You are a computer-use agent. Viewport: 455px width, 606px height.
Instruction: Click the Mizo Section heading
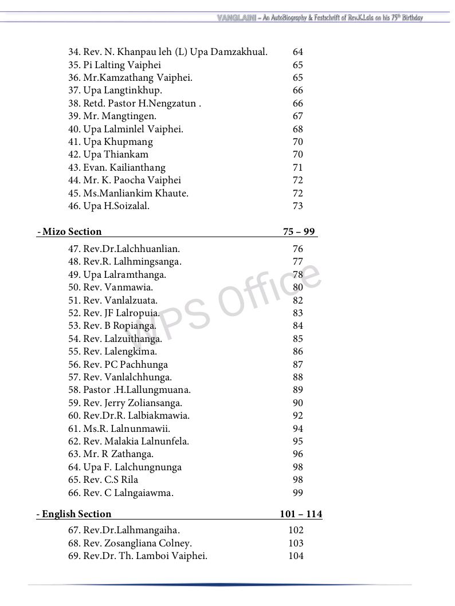(69, 231)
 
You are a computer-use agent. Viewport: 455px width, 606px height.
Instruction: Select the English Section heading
(74, 514)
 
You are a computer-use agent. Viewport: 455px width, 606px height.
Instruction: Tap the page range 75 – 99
(299, 231)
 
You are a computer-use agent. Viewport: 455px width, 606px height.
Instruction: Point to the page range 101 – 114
(301, 514)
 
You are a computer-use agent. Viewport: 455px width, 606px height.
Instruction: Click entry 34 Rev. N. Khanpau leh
(168, 52)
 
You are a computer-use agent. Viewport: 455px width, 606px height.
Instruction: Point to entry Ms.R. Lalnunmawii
(119, 428)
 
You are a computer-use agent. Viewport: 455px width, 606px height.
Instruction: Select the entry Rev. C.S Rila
(103, 479)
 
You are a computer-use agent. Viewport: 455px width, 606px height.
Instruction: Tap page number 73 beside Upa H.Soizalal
(297, 206)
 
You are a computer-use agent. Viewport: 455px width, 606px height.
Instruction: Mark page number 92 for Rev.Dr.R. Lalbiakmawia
(297, 415)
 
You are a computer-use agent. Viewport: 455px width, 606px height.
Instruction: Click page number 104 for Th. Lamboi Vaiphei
(296, 556)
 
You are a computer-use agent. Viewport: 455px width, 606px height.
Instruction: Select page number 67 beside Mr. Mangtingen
(297, 116)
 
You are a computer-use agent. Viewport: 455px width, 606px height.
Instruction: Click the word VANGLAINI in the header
(236, 18)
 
